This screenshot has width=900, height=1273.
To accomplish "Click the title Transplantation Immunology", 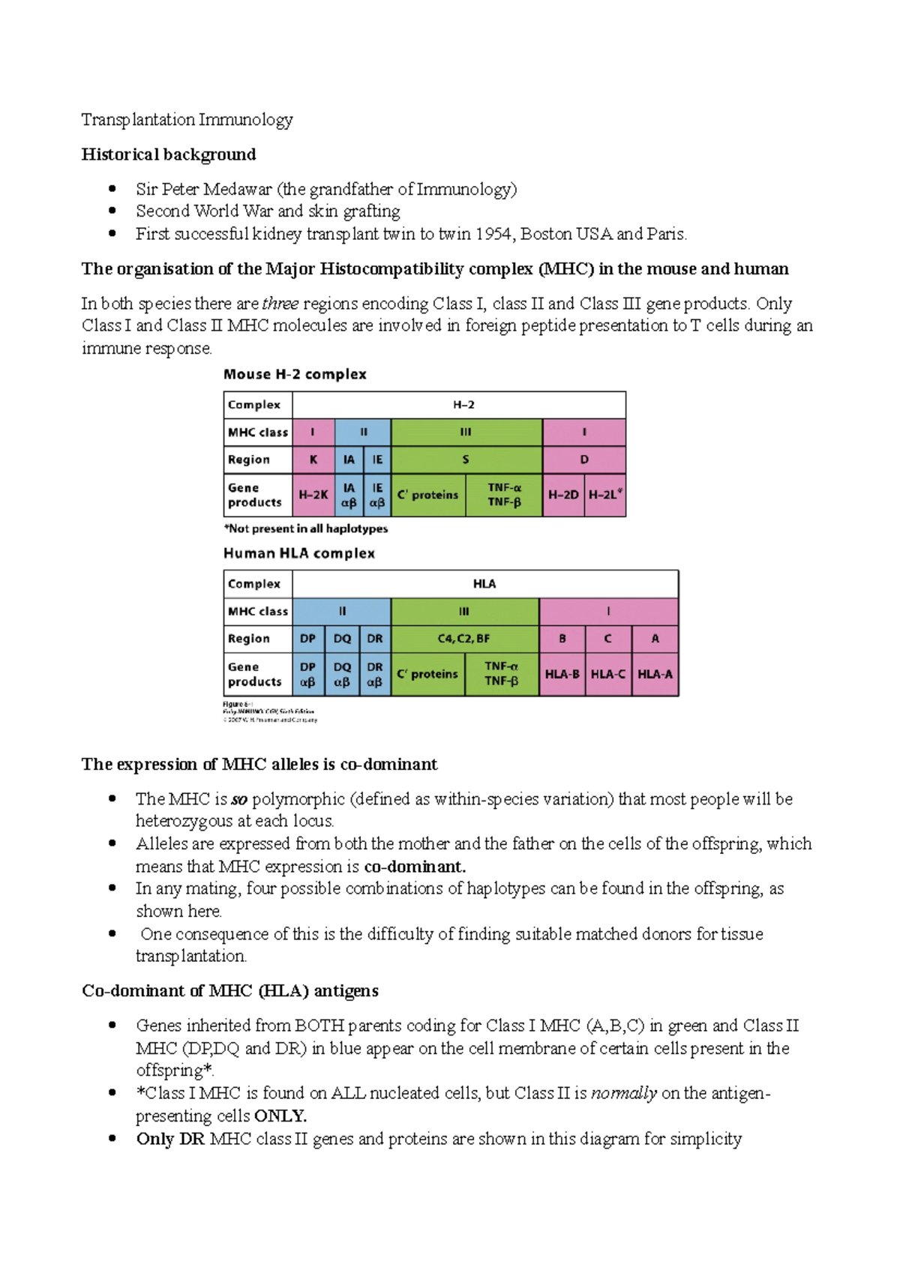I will [x=187, y=120].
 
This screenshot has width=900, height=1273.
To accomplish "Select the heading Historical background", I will [x=169, y=154].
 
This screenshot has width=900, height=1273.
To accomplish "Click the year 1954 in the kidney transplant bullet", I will [x=493, y=234].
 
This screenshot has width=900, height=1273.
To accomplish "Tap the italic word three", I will [x=280, y=304].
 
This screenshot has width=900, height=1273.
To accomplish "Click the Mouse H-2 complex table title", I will [x=295, y=374].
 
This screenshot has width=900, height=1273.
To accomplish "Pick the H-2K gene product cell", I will [x=313, y=495].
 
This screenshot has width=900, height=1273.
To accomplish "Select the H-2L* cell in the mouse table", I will [x=605, y=495].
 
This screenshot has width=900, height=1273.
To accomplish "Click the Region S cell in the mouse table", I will [x=466, y=460].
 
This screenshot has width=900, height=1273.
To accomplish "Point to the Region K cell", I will [x=313, y=460].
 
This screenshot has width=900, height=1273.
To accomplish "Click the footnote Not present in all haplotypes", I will [x=306, y=529].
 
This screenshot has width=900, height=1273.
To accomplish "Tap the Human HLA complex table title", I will [x=298, y=553].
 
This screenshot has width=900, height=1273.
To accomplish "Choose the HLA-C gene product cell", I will [x=607, y=674].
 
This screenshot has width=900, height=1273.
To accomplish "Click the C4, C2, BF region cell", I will [x=464, y=639].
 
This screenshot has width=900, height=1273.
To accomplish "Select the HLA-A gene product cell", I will [x=655, y=674].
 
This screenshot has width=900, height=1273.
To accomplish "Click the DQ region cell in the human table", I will [x=342, y=639].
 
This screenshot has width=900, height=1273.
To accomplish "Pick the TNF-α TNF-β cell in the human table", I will [x=501, y=674].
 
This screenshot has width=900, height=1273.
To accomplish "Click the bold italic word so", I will [x=238, y=799].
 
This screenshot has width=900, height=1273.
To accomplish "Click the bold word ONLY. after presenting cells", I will [x=280, y=1116].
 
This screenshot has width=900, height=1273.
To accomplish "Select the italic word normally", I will [x=624, y=1093].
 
